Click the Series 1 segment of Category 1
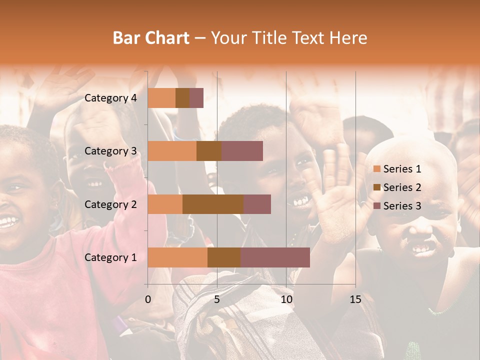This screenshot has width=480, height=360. point(177,257)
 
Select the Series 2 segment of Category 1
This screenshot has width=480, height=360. point(224,257)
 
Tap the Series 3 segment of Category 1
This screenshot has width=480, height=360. point(275,257)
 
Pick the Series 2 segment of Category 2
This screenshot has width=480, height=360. point(213,204)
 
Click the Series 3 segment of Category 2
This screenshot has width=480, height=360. point(257,204)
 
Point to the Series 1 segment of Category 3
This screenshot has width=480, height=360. point(172,151)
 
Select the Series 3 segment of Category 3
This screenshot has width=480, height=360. point(242,151)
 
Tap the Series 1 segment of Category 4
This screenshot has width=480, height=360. point(161,98)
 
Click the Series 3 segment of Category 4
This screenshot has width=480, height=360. point(196,98)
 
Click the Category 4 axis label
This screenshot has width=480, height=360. point(110,98)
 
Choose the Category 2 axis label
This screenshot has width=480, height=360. point(110,204)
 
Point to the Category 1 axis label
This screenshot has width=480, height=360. point(110,257)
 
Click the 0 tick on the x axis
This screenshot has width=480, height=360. point(148,299)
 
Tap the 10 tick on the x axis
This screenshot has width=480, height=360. point(286,299)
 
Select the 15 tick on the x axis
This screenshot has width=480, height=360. point(355,299)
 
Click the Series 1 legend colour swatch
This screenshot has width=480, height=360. point(377,169)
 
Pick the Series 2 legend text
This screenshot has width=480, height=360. point(402,187)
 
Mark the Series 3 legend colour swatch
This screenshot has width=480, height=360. point(377,206)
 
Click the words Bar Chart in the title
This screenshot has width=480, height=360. point(151,38)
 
